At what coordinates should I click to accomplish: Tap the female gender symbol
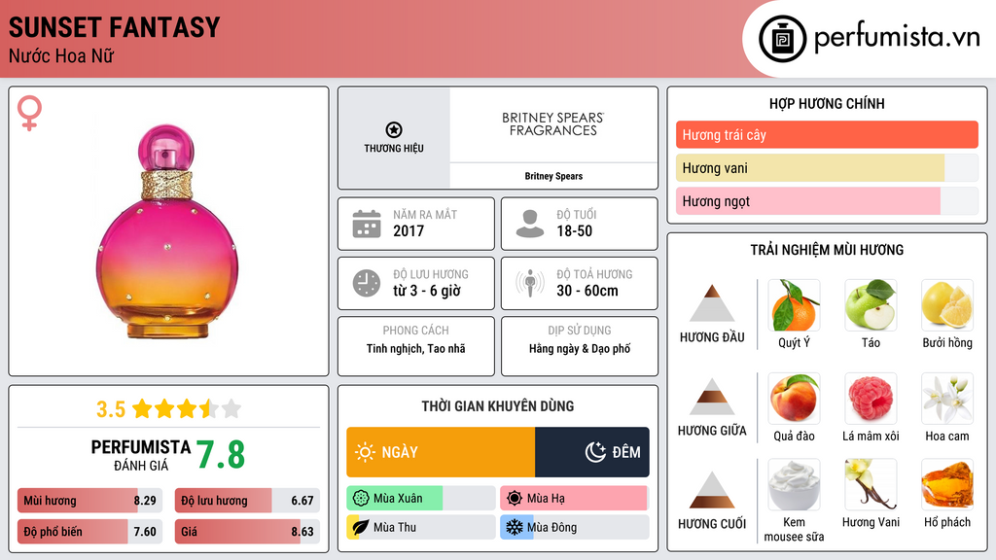30,114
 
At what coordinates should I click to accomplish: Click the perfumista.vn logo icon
780,38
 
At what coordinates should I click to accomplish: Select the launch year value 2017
409,231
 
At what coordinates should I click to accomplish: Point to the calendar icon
366,224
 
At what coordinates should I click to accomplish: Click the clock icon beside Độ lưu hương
366,283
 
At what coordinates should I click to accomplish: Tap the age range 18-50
574,231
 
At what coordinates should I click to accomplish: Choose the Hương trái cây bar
826,135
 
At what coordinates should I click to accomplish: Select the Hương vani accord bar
810,168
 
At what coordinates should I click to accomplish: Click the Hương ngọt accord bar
808,201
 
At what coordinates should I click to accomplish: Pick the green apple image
870,304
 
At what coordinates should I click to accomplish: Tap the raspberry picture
870,398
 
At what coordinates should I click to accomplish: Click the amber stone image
946,484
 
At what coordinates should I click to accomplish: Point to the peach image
794,398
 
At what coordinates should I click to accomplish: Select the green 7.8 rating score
220,454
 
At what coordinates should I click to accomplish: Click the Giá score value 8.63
302,532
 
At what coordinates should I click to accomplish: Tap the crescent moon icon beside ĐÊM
595,452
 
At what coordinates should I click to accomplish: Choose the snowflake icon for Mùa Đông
513,527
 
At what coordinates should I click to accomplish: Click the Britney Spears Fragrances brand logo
552,123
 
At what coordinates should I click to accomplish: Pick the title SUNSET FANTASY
115,27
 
